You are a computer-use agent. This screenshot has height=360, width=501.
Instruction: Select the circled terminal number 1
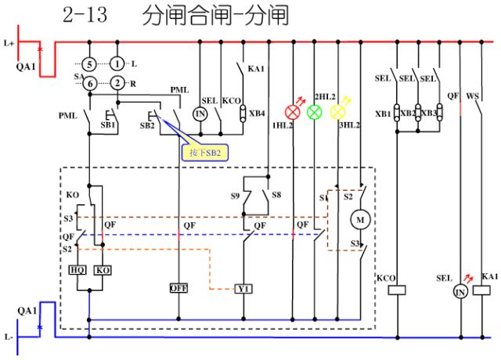click(117, 63)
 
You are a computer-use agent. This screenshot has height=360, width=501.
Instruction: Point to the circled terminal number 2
click(117, 84)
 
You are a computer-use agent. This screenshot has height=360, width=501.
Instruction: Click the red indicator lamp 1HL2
click(294, 112)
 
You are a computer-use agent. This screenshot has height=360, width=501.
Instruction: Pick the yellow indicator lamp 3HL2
click(338, 112)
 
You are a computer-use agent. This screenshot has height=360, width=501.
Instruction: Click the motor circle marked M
click(361, 220)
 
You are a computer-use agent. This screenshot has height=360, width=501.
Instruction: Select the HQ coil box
click(77, 269)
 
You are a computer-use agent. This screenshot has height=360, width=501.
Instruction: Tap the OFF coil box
click(178, 288)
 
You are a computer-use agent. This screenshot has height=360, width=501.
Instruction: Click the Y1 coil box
click(243, 288)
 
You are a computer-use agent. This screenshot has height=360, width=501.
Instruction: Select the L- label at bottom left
click(9, 337)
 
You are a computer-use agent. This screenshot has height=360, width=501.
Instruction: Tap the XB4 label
click(258, 113)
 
